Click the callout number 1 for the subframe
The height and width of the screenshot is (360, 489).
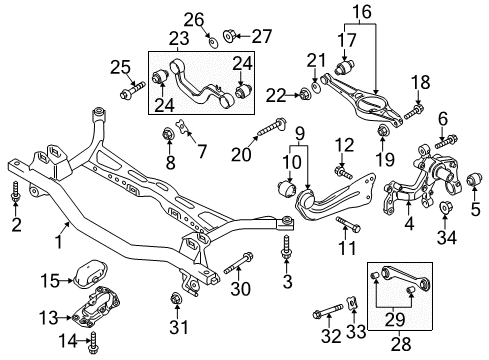tap(59, 241)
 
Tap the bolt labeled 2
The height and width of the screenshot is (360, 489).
tap(15, 192)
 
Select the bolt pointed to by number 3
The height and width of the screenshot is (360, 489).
tap(286, 247)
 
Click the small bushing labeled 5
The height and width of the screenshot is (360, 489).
tap(474, 179)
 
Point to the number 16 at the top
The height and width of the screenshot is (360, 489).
tap(362, 12)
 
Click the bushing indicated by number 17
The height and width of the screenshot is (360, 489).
tap(345, 67)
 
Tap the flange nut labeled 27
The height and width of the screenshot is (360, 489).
tap(230, 35)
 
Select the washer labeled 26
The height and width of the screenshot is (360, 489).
tap(212, 43)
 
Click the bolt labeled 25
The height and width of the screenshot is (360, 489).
tap(132, 90)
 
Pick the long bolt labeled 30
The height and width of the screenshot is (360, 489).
tap(239, 263)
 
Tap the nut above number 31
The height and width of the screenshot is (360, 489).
tap(175, 297)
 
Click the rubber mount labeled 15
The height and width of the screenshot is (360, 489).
tap(90, 273)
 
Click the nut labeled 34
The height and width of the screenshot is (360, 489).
tap(445, 207)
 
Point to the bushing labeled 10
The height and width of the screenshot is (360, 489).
tap(287, 189)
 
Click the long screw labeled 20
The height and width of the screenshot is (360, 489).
tap(271, 127)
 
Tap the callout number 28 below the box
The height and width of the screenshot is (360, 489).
tap(400, 343)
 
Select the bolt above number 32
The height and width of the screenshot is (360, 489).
tap(328, 311)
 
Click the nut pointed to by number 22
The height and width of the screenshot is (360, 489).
tap(305, 94)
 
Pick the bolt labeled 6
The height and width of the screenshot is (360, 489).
tap(447, 141)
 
